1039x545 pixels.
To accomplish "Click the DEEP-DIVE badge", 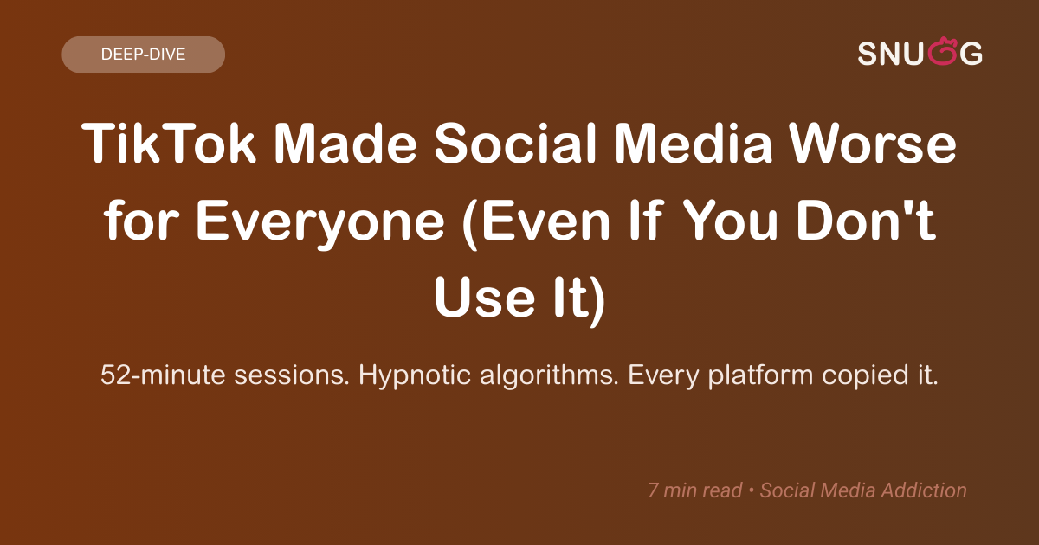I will click(x=143, y=54).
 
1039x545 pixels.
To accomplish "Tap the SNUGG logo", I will click(x=920, y=54).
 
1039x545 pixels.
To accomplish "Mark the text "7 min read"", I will click(x=694, y=490).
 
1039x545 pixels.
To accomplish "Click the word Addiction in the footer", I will click(x=926, y=490).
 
